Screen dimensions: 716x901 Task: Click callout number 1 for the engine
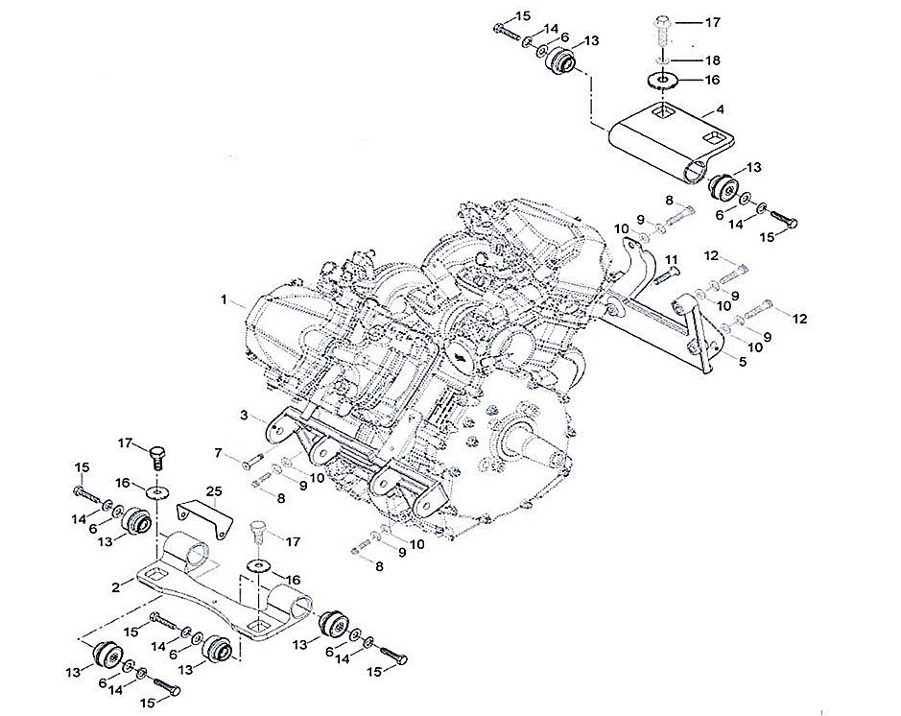coord(225,300)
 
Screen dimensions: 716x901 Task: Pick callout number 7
coord(219,452)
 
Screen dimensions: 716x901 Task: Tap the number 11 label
coord(672,260)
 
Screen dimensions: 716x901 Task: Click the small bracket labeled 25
coord(205,519)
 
